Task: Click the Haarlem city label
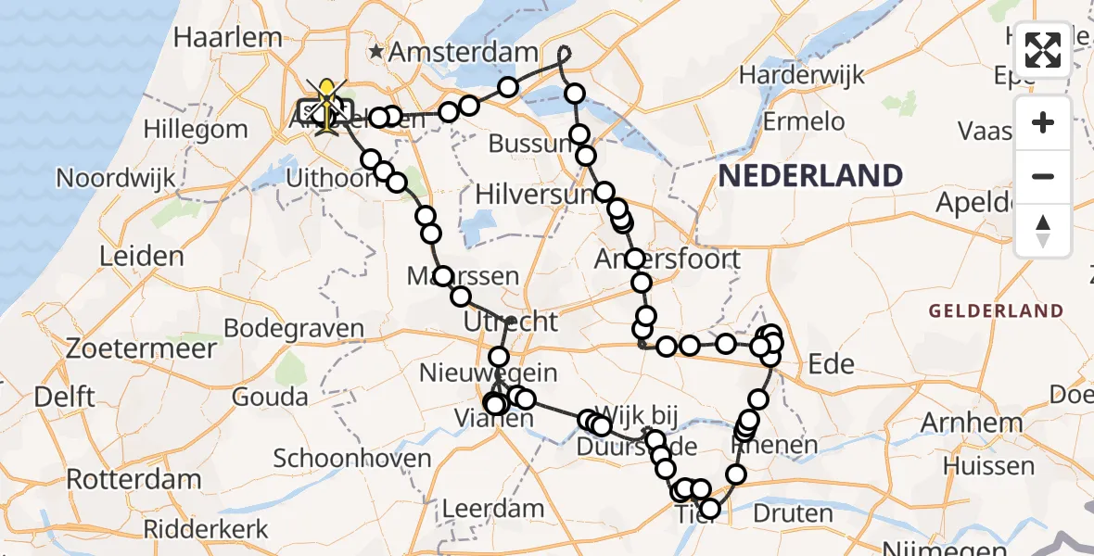click(227, 38)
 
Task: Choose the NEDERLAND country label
click(810, 176)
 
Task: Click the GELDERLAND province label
click(996, 311)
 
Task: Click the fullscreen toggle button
click(1043, 49)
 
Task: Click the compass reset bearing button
click(1043, 231)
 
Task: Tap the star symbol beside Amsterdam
click(376, 51)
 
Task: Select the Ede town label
click(831, 364)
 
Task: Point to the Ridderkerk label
click(206, 530)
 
